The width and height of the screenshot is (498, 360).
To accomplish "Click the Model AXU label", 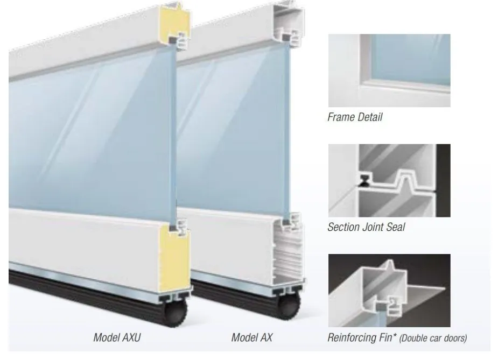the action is pos(117,337).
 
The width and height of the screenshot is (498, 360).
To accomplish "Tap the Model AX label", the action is pos(252,337).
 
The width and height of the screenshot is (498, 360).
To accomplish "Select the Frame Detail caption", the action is pos(355,117).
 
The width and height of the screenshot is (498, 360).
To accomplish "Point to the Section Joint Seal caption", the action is pos(366,227).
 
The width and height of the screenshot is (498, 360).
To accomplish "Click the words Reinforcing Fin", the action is pos(360,337).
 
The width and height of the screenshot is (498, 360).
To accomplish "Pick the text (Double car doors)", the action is pos(433,338).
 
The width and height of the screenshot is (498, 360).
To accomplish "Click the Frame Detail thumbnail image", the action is pos(389,70).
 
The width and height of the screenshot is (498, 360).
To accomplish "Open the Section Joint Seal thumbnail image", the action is pos(389,181).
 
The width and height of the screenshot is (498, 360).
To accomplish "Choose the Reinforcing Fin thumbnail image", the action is pos(389,291).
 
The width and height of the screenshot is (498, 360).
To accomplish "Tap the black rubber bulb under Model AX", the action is pos(289,306).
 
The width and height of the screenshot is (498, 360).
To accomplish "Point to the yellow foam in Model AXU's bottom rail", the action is pos(174,256).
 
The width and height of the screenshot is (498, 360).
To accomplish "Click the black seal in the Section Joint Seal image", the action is pos(363,180).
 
